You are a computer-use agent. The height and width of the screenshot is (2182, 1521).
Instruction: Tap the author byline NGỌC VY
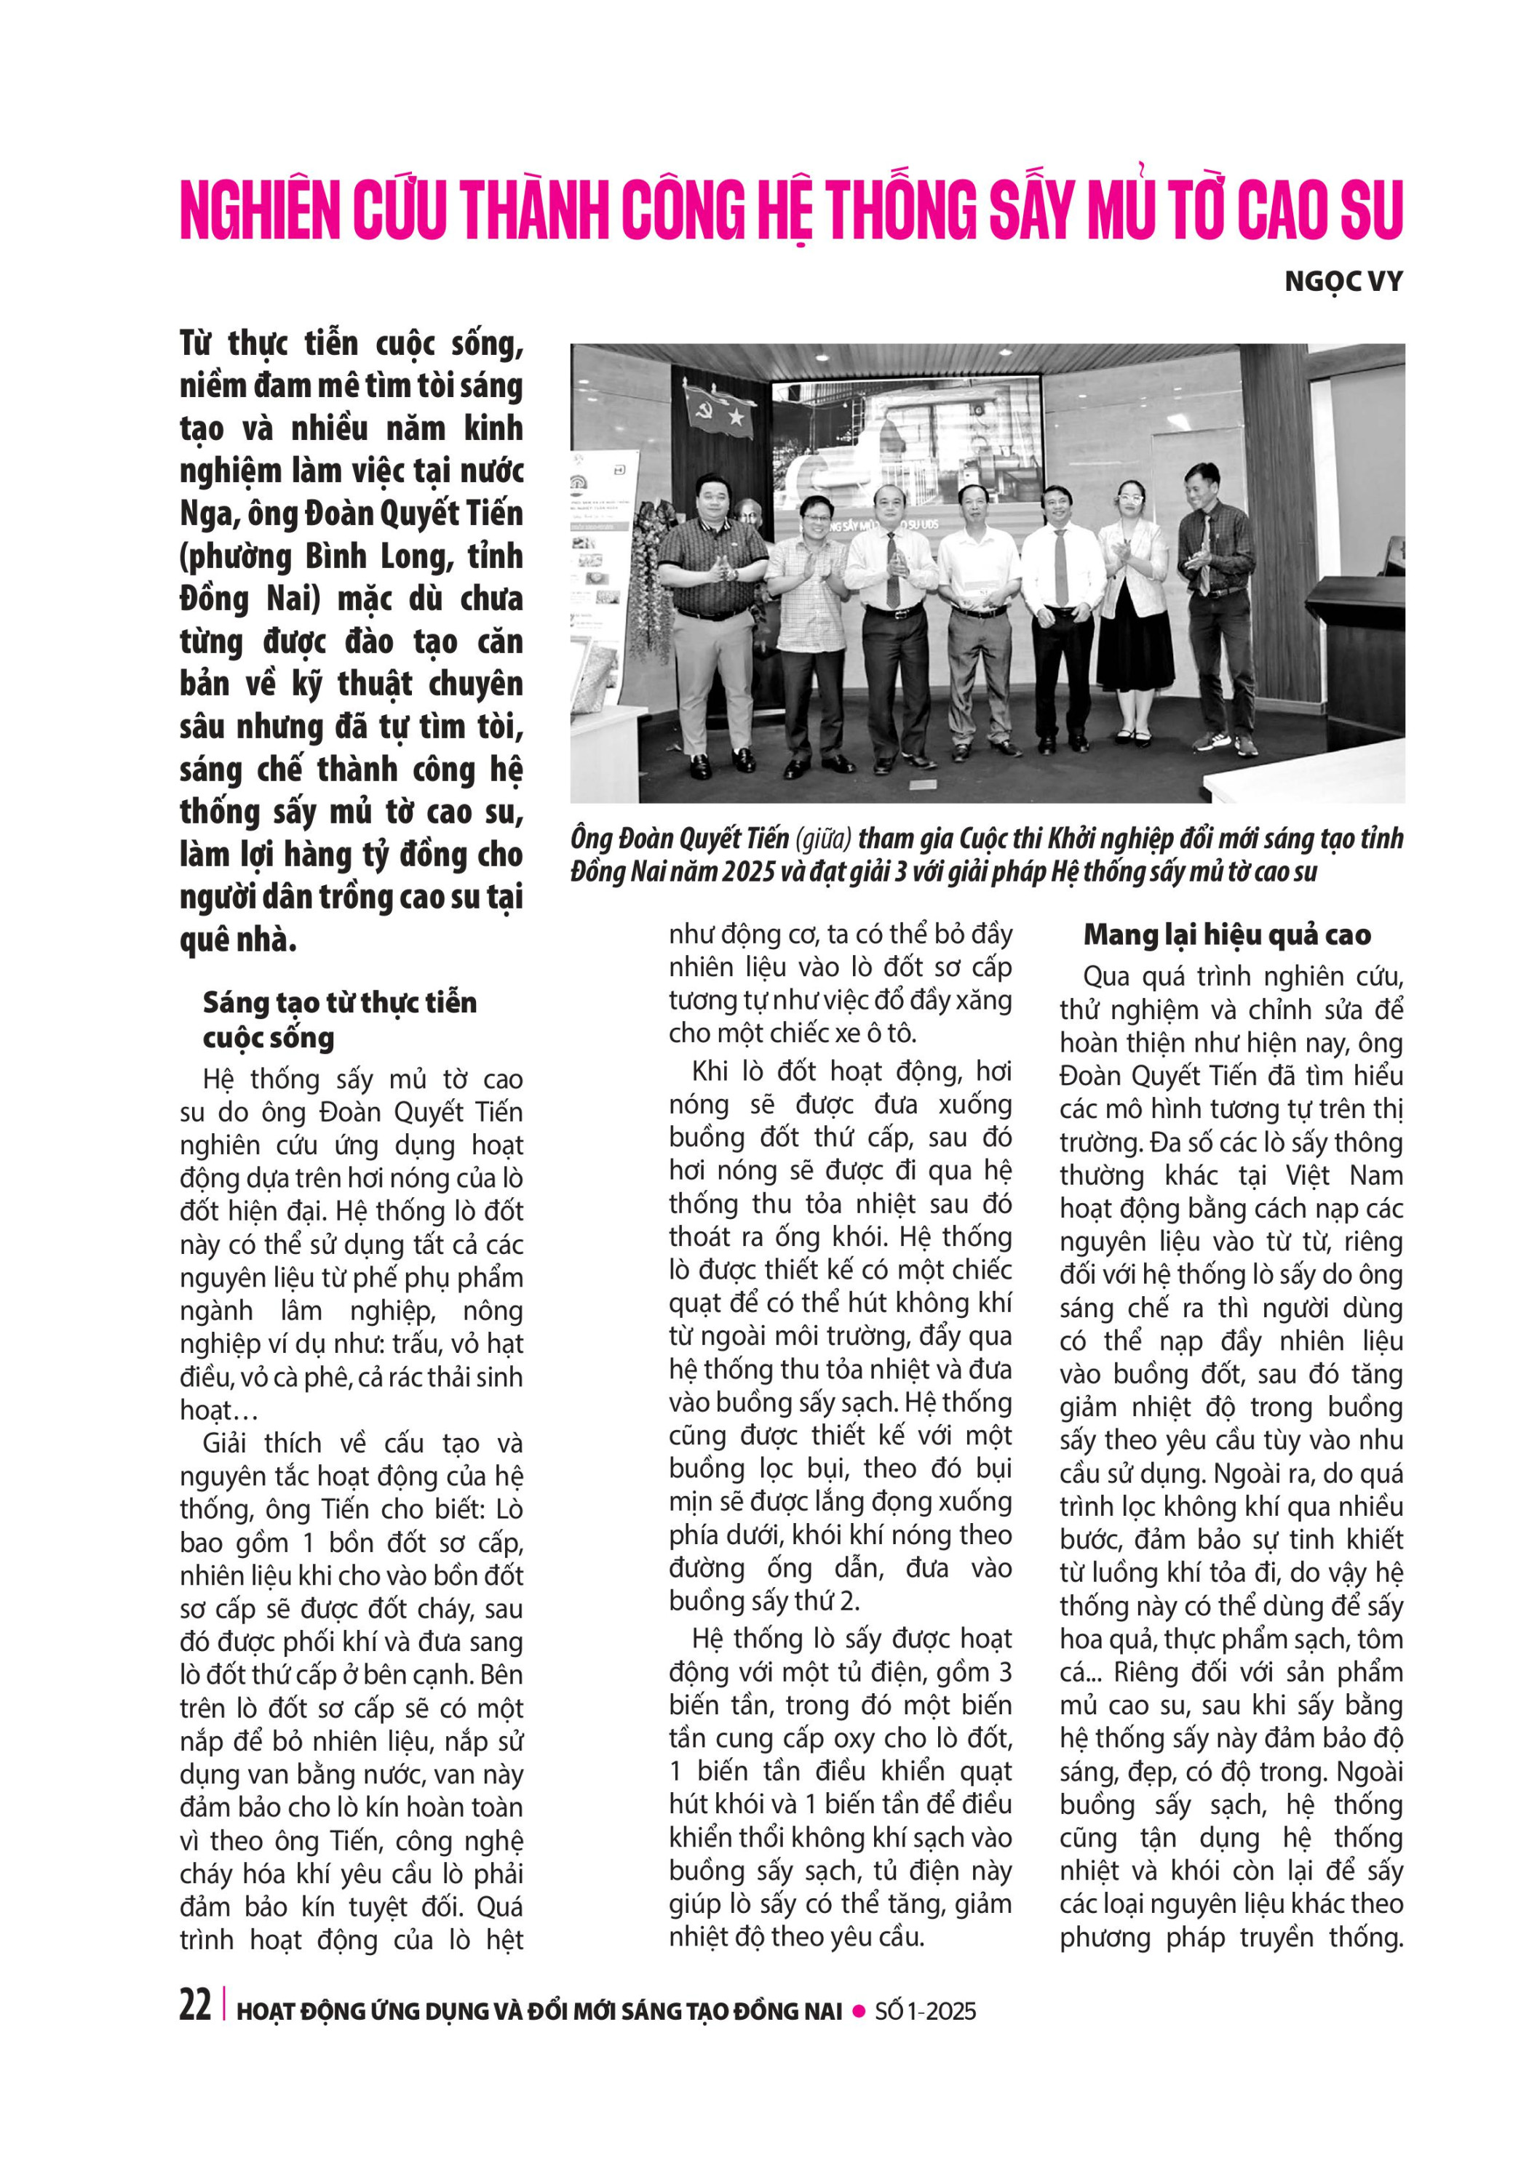pyautogui.click(x=1342, y=282)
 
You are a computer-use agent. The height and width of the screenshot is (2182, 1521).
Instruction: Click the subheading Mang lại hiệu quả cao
pyautogui.click(x=1226, y=935)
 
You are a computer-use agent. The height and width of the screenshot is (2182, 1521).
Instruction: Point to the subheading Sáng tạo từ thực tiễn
pyautogui.click(x=339, y=1002)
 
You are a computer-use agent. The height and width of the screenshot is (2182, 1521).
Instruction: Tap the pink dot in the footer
pyautogui.click(x=859, y=2011)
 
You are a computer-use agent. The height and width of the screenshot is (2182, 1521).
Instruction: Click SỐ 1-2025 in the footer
pyautogui.click(x=925, y=2011)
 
